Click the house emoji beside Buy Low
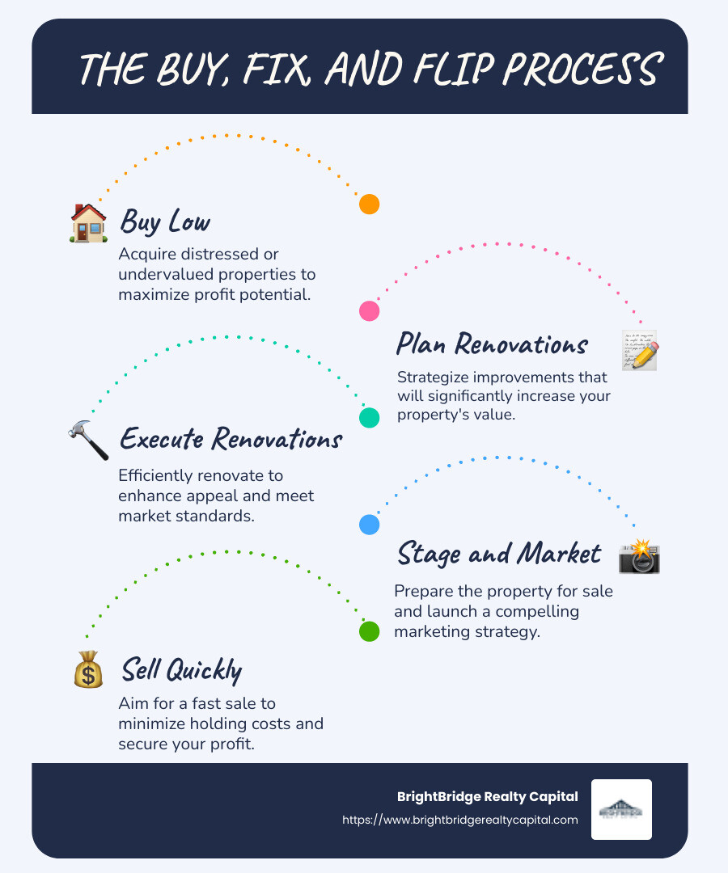point(88,222)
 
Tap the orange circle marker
point(369,205)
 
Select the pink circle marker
point(369,310)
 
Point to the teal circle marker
point(369,417)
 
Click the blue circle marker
point(369,525)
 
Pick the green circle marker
point(369,631)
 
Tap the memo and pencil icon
point(640,350)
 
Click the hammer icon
point(88,441)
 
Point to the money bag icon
point(88,668)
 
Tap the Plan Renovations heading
point(491,344)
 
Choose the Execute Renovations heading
point(231,439)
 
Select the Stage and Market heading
point(498,554)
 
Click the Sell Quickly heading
point(181,669)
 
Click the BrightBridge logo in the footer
point(621,809)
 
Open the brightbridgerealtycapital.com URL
point(460,820)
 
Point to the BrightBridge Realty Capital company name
point(487,797)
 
